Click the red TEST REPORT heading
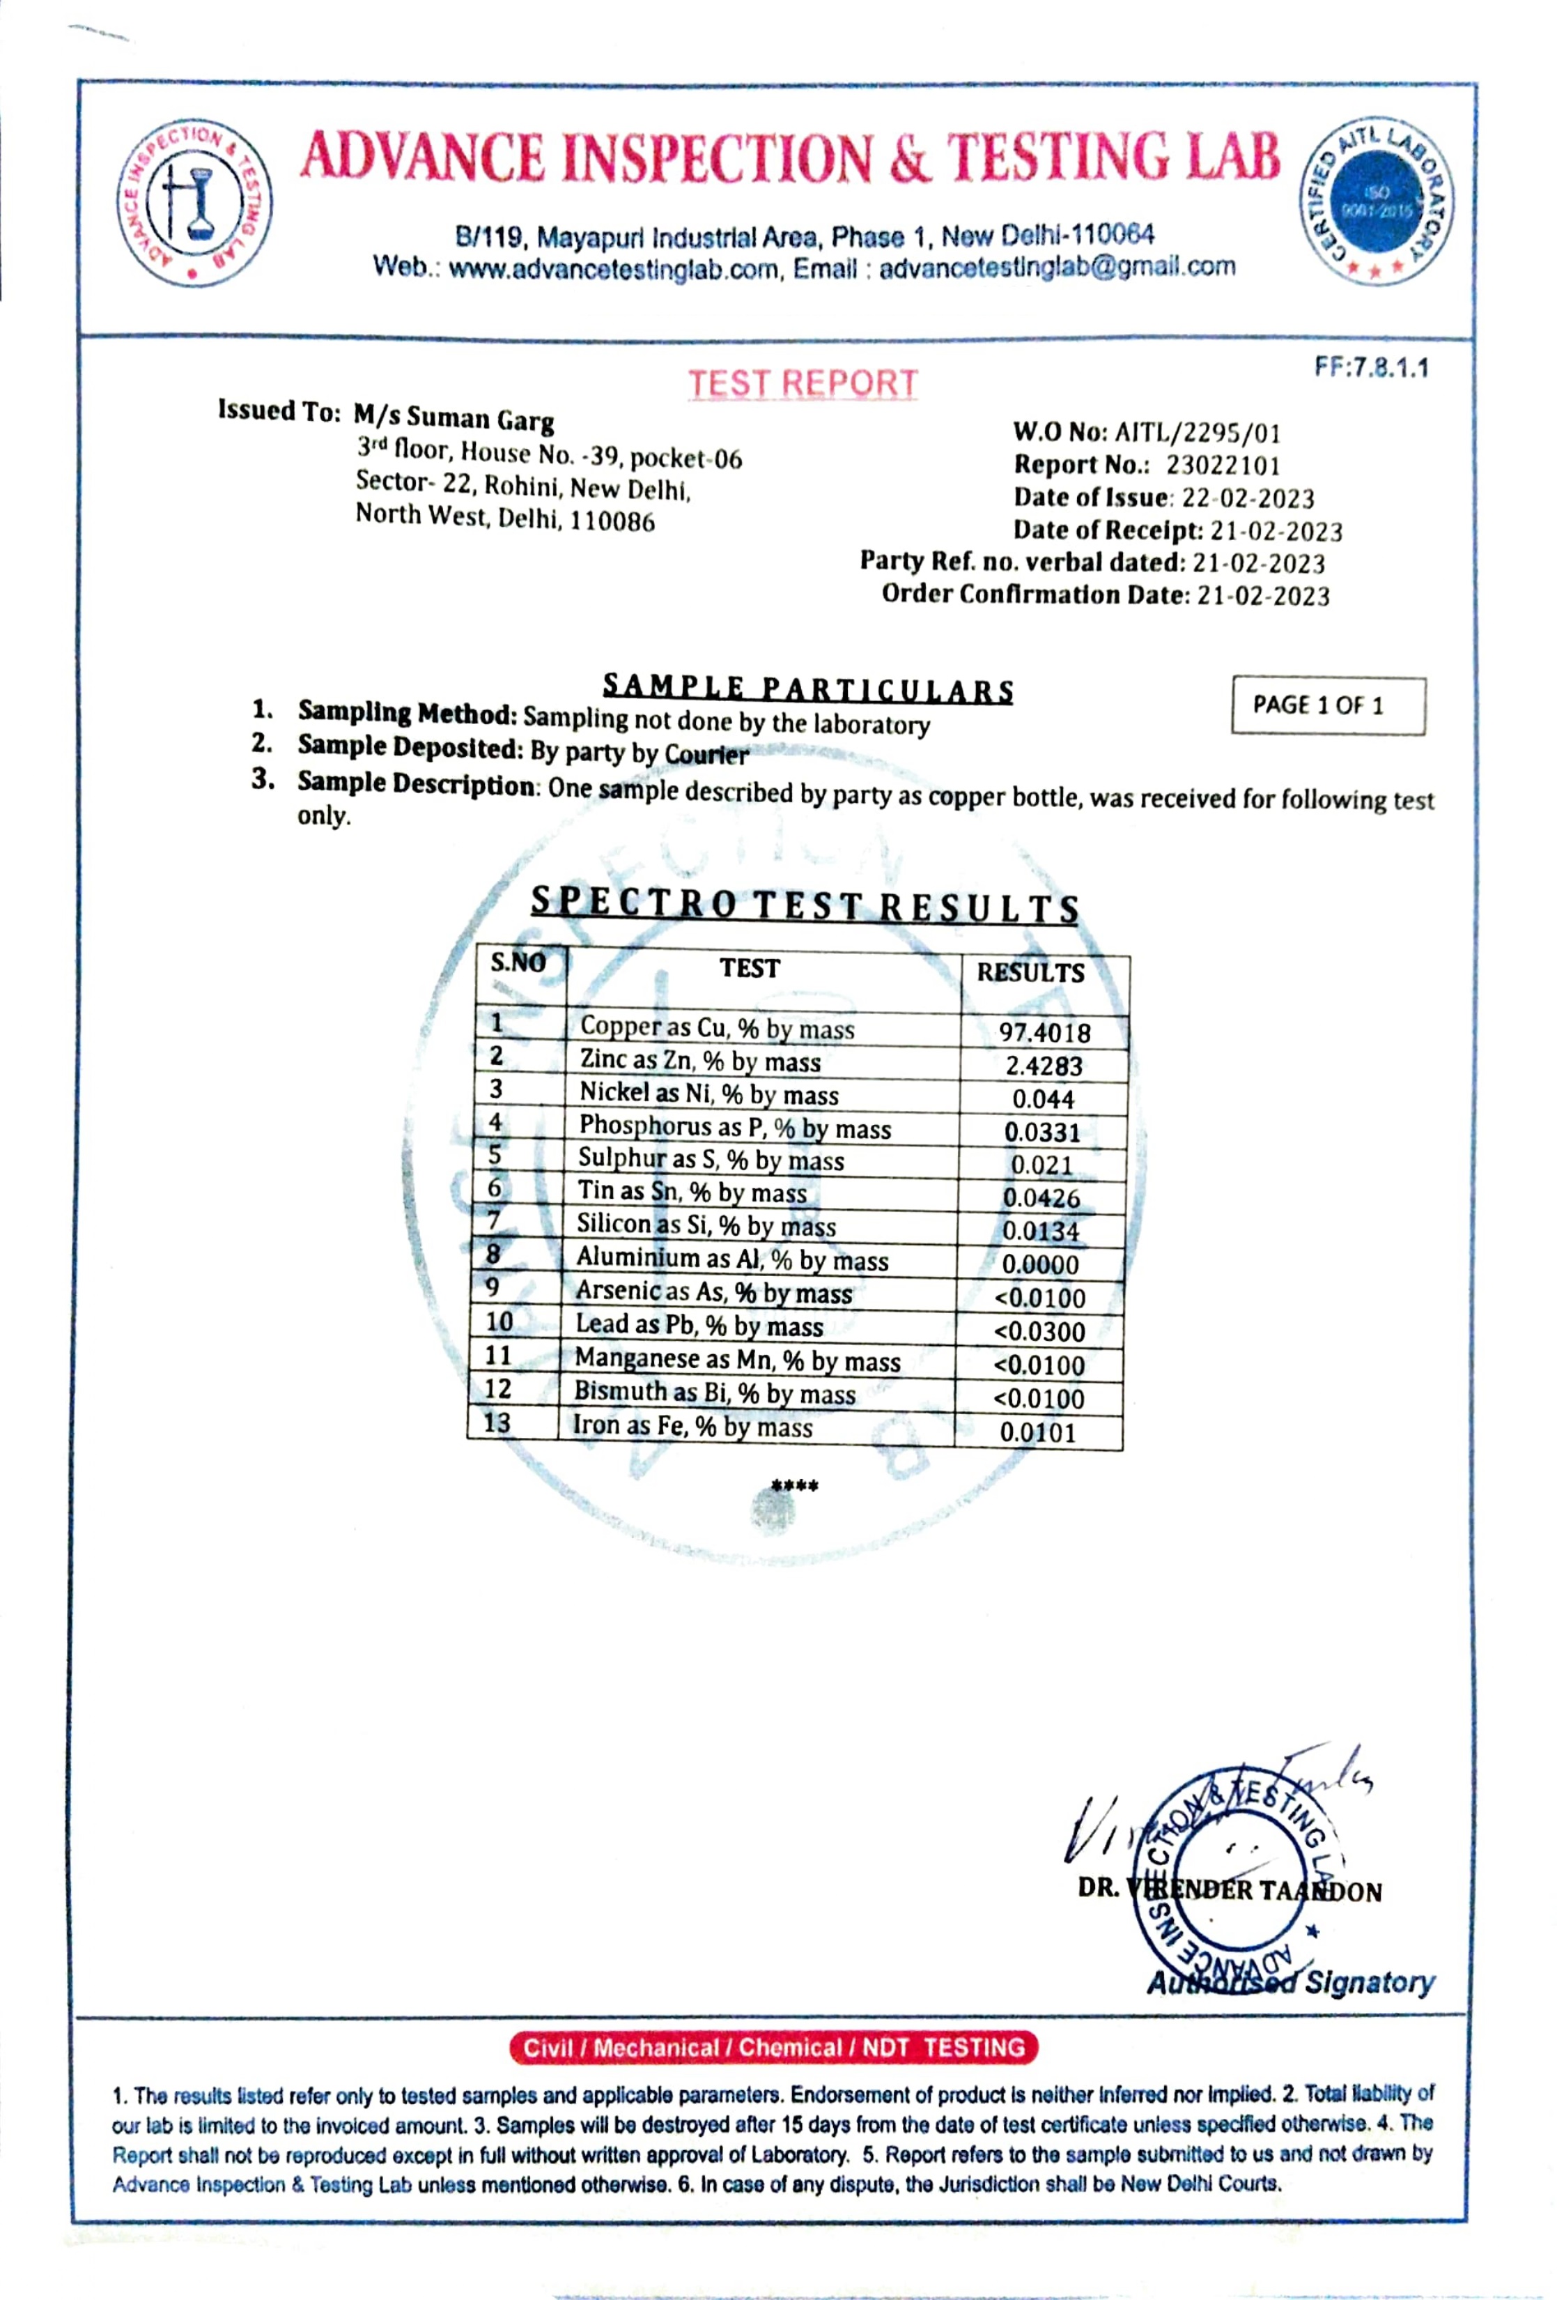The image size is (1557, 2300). pyautogui.click(x=803, y=383)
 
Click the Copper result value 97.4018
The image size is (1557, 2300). pyautogui.click(x=1044, y=1032)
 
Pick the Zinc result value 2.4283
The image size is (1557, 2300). pyautogui.click(x=1044, y=1066)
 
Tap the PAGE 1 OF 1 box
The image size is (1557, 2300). pyautogui.click(x=1328, y=705)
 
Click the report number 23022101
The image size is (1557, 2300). pyautogui.click(x=1223, y=465)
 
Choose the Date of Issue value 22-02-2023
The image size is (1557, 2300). pyautogui.click(x=1248, y=498)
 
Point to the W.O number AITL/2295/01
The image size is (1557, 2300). pyautogui.click(x=1197, y=433)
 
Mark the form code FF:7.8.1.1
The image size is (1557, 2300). pyautogui.click(x=1371, y=367)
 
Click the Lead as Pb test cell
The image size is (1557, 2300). pyautogui.click(x=699, y=1325)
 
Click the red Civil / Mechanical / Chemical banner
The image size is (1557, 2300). pyautogui.click(x=773, y=2048)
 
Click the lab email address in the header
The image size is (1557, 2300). pyautogui.click(x=1057, y=267)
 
